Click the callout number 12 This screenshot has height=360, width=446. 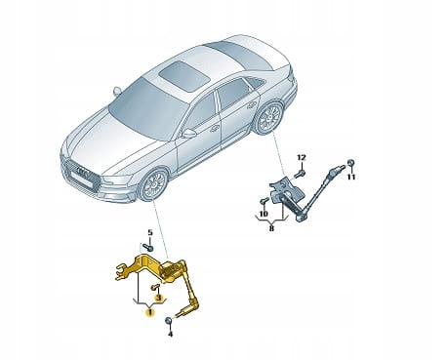coord(302,158)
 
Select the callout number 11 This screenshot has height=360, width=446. coord(351,177)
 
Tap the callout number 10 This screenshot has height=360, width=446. coord(264,214)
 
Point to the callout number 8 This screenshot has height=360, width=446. coord(271,228)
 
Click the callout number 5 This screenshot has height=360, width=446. coord(150,232)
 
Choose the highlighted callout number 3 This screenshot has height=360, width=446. coord(159,298)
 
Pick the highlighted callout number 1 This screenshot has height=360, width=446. coord(150,313)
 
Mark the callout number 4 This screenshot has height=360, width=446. coord(171,334)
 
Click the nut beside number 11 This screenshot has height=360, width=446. coord(350,163)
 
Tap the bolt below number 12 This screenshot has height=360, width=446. coord(300,175)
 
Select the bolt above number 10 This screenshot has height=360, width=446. coord(264,202)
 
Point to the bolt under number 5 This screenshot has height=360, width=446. coord(148,247)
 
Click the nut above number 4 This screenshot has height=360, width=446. coord(169,321)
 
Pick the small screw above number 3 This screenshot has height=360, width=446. coord(155,287)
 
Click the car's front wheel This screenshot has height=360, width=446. coord(153,184)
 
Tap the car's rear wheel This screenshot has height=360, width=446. coord(269,119)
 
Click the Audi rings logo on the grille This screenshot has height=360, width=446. coord(84,173)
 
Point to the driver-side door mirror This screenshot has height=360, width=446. coord(189,133)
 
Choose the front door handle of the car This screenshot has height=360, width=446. coord(214,129)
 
